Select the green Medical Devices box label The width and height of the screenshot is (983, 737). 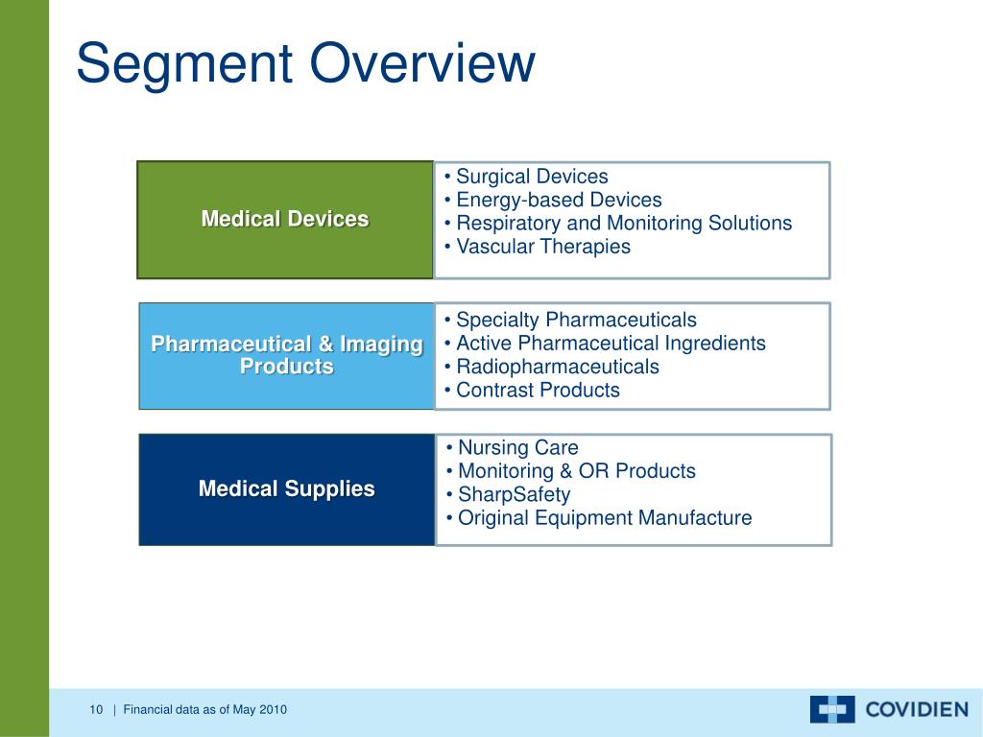284,219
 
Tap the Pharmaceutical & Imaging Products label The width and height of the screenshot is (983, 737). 287,355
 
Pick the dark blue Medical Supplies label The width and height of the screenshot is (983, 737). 286,488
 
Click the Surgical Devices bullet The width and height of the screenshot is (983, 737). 531,177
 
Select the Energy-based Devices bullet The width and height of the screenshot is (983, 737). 558,200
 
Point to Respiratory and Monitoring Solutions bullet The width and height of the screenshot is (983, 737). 623,224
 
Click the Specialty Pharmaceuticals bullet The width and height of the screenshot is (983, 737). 575,320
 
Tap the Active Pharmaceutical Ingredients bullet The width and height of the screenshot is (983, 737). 610,343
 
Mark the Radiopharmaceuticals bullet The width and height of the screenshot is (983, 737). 557,367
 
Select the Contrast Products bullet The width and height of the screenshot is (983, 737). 537,390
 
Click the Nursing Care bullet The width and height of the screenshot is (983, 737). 517,447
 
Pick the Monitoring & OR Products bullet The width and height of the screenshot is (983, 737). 576,471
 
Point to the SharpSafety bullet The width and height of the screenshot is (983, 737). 514,495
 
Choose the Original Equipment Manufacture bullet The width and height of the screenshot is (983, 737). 604,518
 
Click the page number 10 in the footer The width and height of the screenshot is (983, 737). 95,710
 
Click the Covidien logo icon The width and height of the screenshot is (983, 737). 831,709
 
